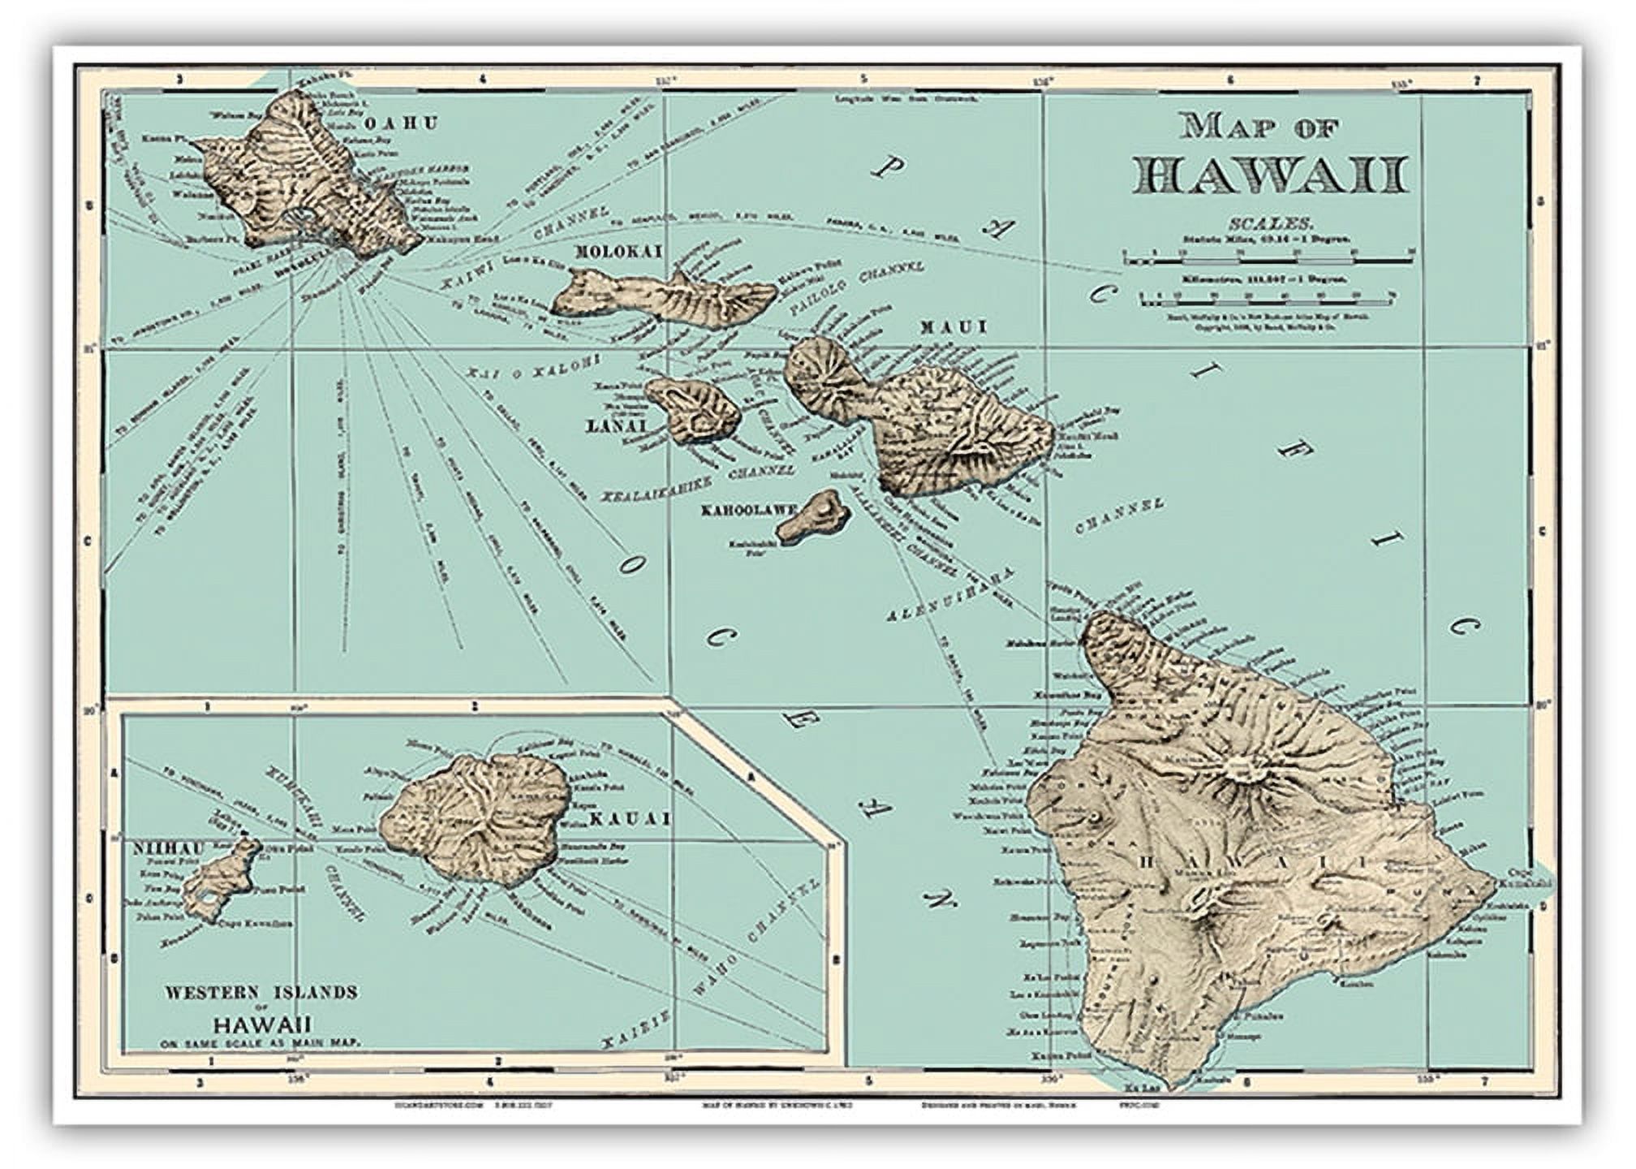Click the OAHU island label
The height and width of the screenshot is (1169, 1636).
pos(400,123)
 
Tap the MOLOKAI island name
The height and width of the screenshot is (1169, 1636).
pos(618,252)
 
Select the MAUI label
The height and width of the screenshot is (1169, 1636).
pos(953,327)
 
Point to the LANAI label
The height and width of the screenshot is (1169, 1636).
pos(616,426)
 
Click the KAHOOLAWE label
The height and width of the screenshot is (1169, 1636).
pos(748,511)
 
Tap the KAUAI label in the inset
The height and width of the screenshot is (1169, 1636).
pos(629,819)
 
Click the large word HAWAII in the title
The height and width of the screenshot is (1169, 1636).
pos(1270,175)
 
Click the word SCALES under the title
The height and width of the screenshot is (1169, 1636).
pos(1270,222)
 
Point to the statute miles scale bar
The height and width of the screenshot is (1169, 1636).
pos(1268,260)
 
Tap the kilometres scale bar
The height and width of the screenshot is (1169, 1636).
pos(1268,303)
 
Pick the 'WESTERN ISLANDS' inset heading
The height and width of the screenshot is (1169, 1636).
pos(260,992)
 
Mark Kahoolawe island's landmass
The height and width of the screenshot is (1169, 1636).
pos(812,516)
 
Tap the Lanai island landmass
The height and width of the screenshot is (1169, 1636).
pos(694,409)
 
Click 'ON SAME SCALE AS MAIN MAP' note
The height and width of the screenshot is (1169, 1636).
pos(260,1042)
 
